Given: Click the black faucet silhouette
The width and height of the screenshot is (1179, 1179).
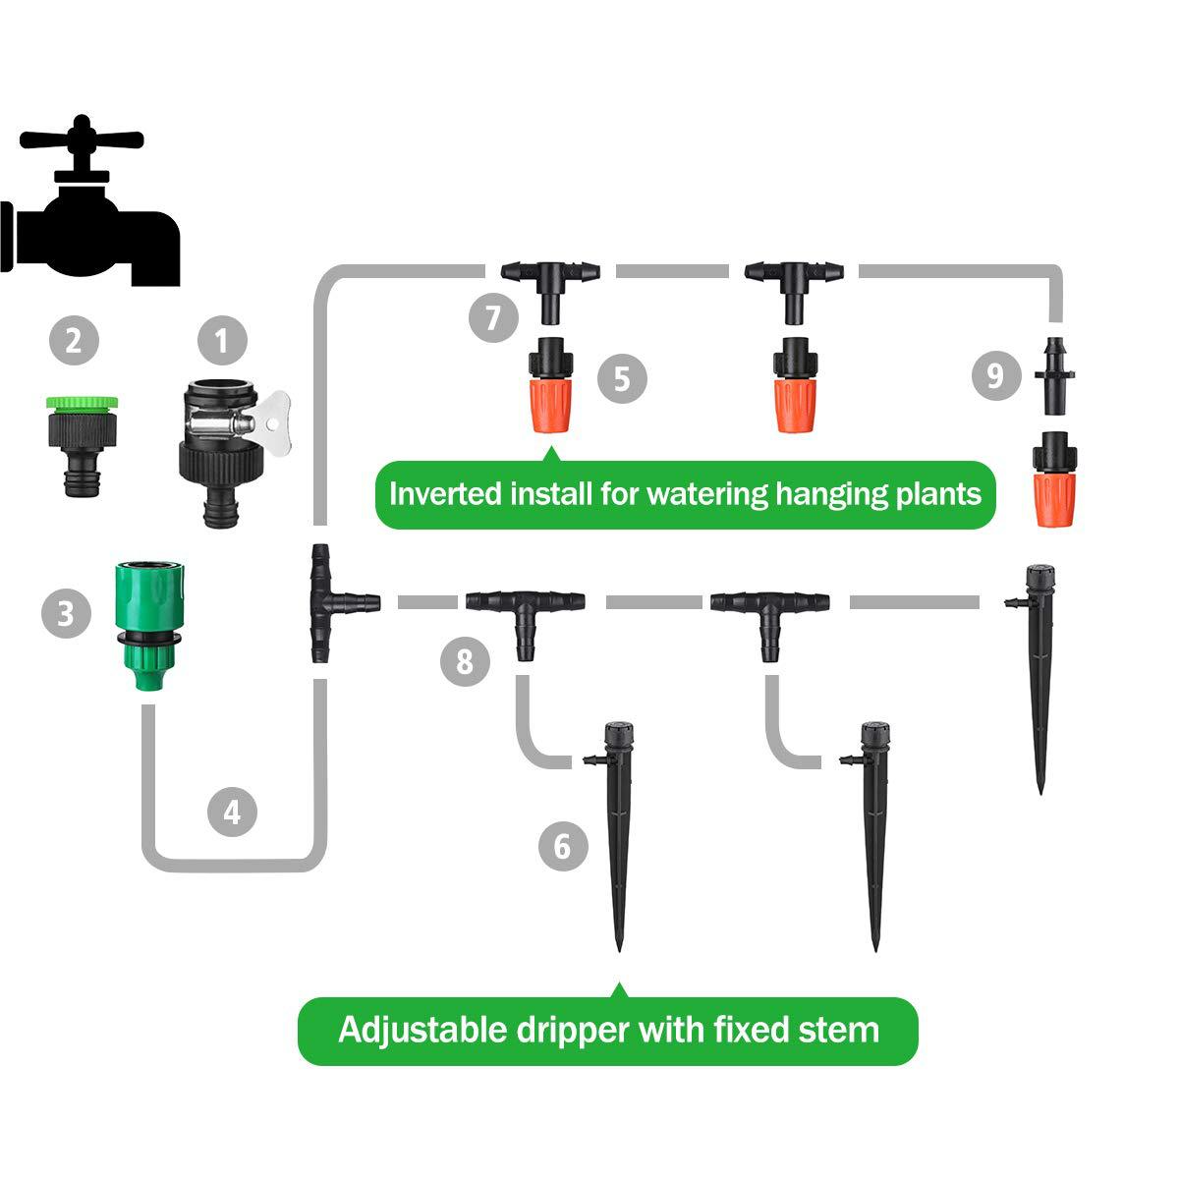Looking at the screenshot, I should coord(93,211).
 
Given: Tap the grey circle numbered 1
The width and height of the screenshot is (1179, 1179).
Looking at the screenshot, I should coord(222,341).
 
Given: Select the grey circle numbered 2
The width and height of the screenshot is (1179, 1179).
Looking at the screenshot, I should coord(74,341).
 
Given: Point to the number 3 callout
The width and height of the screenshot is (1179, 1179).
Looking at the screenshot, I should coord(65,614).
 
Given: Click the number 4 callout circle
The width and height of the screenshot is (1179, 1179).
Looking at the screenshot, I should coord(232,812).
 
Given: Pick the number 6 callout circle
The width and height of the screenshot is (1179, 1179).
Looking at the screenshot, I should coord(563,846).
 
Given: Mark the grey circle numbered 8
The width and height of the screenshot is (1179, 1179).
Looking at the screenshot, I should coord(465,661).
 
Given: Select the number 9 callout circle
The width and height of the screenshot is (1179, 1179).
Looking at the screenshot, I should coord(995,375).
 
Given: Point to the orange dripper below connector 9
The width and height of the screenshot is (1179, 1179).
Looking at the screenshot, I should coord(1054,480).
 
